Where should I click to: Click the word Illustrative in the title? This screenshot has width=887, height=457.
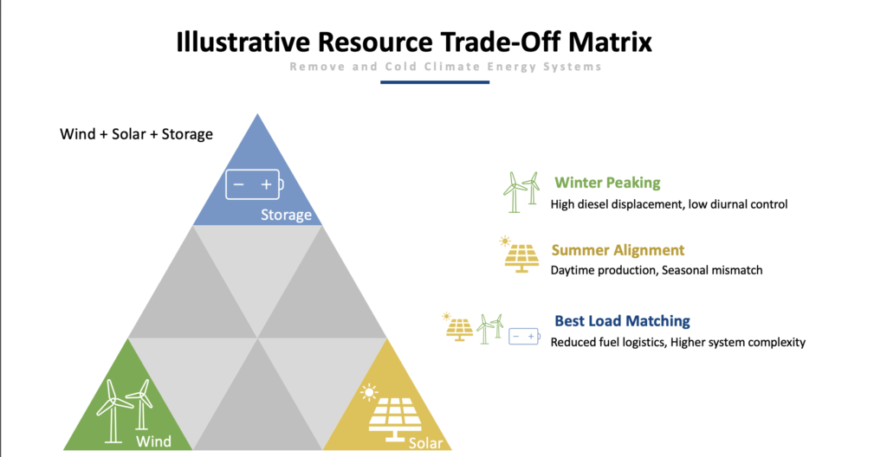(x=243, y=42)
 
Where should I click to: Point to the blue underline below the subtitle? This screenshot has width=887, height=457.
(x=435, y=82)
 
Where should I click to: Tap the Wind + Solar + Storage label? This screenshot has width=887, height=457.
(x=136, y=134)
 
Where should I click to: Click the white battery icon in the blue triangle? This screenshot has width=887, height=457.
(x=255, y=184)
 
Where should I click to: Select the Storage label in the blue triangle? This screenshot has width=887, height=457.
(x=286, y=215)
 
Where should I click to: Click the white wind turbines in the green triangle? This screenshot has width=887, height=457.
(x=124, y=411)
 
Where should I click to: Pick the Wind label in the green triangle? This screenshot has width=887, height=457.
(x=154, y=441)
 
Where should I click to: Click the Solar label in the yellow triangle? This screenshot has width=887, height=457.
(x=426, y=443)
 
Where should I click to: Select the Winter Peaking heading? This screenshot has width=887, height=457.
(x=607, y=183)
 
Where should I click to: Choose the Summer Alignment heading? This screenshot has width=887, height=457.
(x=618, y=250)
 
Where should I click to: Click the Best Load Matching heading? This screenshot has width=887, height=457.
(x=622, y=321)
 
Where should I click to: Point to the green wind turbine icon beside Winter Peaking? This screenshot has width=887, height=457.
(x=521, y=192)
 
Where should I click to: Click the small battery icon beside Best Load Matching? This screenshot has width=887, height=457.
(x=524, y=336)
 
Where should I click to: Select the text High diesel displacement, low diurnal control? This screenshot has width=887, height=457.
(x=670, y=204)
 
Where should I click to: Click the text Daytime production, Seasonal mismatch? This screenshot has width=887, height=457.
(x=657, y=270)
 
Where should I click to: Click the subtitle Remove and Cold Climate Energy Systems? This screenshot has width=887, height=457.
(x=445, y=67)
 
